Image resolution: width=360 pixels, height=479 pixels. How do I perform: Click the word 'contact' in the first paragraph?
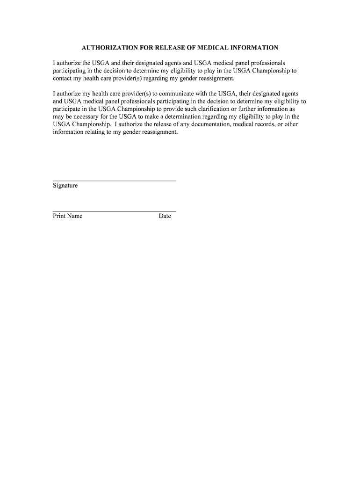tap(63, 78)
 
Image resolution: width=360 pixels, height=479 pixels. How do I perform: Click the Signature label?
tap(65, 186)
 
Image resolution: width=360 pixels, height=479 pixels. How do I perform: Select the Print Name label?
tap(67, 216)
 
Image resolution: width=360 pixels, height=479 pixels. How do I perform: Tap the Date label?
tap(165, 216)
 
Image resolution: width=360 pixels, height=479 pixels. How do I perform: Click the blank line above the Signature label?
tap(114, 181)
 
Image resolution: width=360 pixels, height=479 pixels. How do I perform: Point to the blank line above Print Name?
tap(114, 211)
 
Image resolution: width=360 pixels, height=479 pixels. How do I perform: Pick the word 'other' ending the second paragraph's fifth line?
tap(291, 124)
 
